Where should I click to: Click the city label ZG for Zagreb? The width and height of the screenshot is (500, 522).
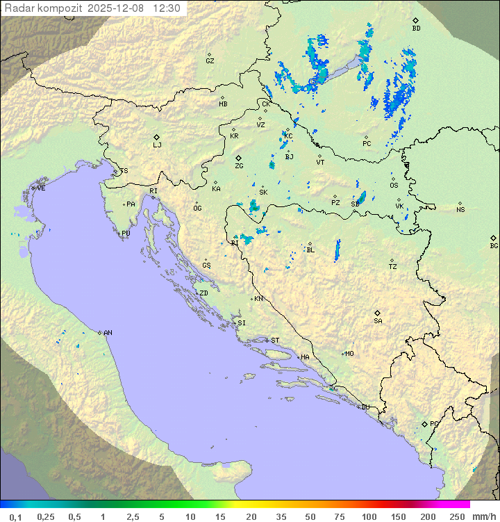coord(240,166)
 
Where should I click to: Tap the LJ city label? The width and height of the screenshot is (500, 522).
coord(157,145)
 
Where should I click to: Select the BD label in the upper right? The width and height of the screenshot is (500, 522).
coord(416,28)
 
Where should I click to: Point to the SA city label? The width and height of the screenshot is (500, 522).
coord(378,320)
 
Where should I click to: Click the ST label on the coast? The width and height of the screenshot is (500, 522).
coord(275,341)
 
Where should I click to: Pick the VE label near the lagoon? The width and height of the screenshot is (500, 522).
coord(41,188)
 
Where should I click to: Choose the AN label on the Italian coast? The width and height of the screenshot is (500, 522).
coord(108,333)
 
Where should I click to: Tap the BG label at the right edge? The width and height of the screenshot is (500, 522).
coord(494,245)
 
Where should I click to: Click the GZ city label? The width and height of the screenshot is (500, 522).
coord(210,61)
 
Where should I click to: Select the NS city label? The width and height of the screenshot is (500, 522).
coord(460,210)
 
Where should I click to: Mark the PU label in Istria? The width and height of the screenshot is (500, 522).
coord(126,234)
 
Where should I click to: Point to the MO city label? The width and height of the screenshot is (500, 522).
coord(349,354)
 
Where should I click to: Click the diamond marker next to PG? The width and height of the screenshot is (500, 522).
coord(424,424)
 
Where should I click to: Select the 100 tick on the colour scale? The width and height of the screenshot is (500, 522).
coord(369,516)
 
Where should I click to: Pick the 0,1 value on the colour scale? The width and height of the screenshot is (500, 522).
coord(15,516)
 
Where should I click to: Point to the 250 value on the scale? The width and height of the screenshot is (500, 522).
coord(456,516)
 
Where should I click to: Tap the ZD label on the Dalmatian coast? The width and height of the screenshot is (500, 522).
coord(203,293)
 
